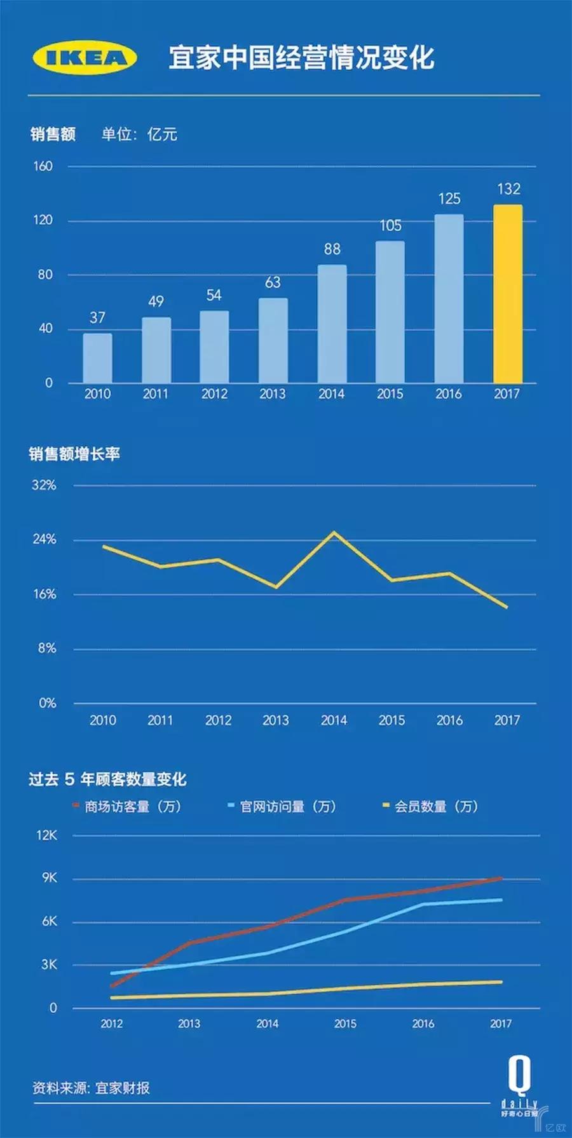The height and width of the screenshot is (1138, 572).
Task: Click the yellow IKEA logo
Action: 85,58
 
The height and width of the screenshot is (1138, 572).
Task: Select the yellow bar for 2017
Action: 508,294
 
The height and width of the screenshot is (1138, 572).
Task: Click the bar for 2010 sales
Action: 97,358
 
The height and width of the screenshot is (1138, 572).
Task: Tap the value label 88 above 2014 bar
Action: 332,249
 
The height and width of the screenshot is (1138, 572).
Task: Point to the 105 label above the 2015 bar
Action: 390,225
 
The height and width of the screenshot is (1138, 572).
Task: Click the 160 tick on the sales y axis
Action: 43,167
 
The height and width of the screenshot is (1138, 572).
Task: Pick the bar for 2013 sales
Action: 273,340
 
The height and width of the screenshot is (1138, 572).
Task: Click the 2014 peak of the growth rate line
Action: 334,533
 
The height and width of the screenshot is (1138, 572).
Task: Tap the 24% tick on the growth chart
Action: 44,540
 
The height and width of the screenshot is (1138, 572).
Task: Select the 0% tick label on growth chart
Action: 47,703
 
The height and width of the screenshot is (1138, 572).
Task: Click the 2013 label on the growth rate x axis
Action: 276,720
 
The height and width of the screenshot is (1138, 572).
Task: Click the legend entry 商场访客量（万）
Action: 127,807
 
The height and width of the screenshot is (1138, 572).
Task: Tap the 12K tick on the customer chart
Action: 46,835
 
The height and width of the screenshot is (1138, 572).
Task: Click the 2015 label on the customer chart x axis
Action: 345,1024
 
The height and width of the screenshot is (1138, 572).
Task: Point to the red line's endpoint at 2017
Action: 501,879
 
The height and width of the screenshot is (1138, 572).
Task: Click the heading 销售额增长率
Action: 74,454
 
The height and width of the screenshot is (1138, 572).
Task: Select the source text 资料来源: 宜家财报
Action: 91,1088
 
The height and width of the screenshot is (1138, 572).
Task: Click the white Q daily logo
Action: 519,1088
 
